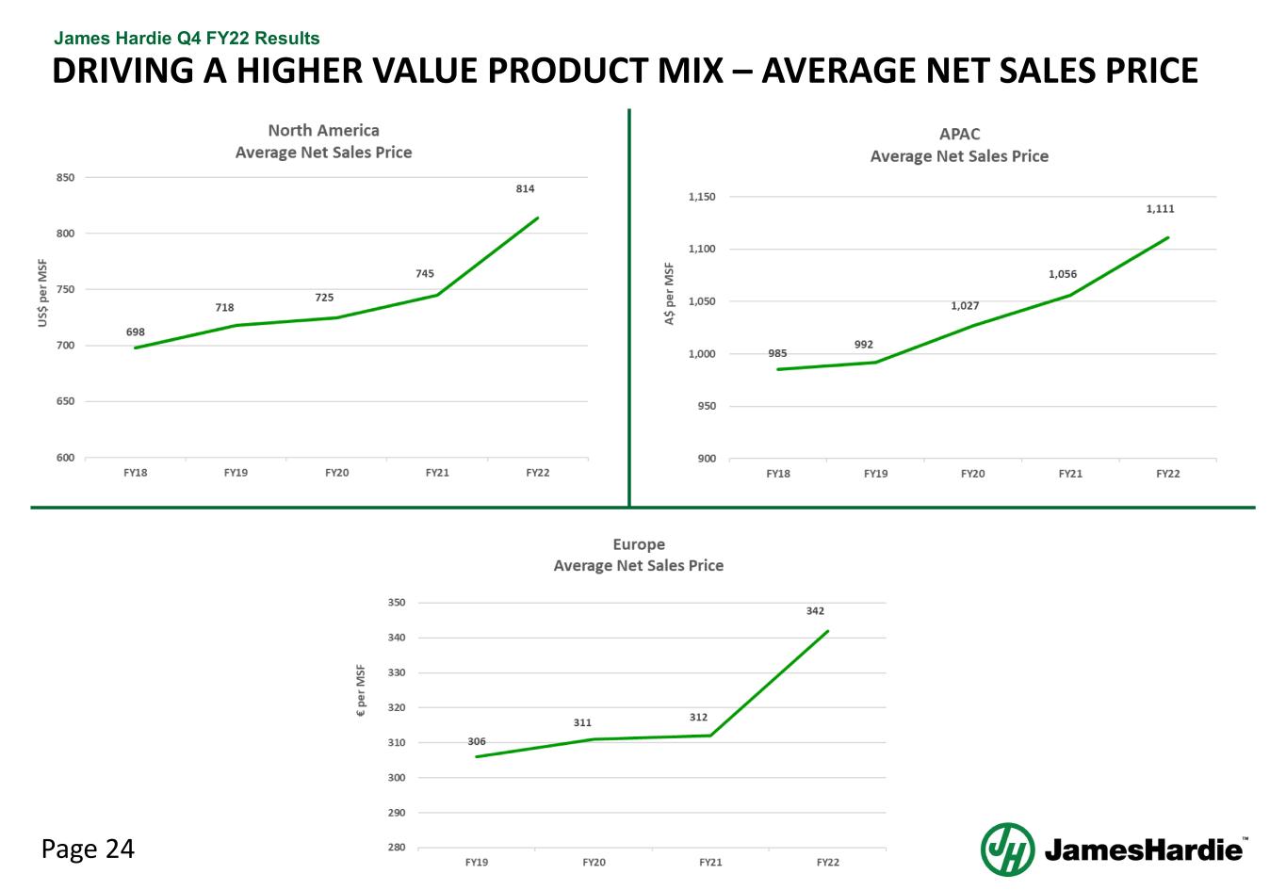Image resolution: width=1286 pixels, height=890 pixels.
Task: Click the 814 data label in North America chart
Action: (525, 189)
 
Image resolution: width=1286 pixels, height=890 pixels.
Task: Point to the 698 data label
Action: (136, 332)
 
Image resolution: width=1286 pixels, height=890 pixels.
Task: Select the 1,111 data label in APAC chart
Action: (1160, 209)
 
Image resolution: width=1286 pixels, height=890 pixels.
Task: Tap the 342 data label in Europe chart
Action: (815, 611)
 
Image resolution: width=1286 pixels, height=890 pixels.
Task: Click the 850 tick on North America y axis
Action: (66, 177)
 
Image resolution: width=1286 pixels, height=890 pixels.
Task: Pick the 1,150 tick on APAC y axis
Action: (702, 197)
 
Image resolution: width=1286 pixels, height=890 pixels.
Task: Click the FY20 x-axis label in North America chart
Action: (336, 473)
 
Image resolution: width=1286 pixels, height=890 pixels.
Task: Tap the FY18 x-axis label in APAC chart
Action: (777, 474)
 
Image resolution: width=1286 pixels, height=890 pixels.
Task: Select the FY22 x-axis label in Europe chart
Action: (827, 863)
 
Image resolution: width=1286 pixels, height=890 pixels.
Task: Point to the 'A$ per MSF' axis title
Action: (670, 294)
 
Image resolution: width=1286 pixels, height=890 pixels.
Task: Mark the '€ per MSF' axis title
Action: (360, 692)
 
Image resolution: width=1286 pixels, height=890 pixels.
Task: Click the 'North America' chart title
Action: (323, 131)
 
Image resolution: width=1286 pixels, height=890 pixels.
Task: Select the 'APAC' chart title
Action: (959, 135)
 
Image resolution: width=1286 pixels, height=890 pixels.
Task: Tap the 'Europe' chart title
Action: (639, 544)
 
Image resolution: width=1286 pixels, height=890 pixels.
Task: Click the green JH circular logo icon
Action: (1007, 849)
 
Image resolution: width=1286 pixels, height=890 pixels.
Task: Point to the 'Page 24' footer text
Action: (88, 850)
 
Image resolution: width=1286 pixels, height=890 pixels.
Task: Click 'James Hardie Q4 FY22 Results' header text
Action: (187, 39)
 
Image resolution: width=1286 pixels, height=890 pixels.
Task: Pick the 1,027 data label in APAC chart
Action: (965, 306)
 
